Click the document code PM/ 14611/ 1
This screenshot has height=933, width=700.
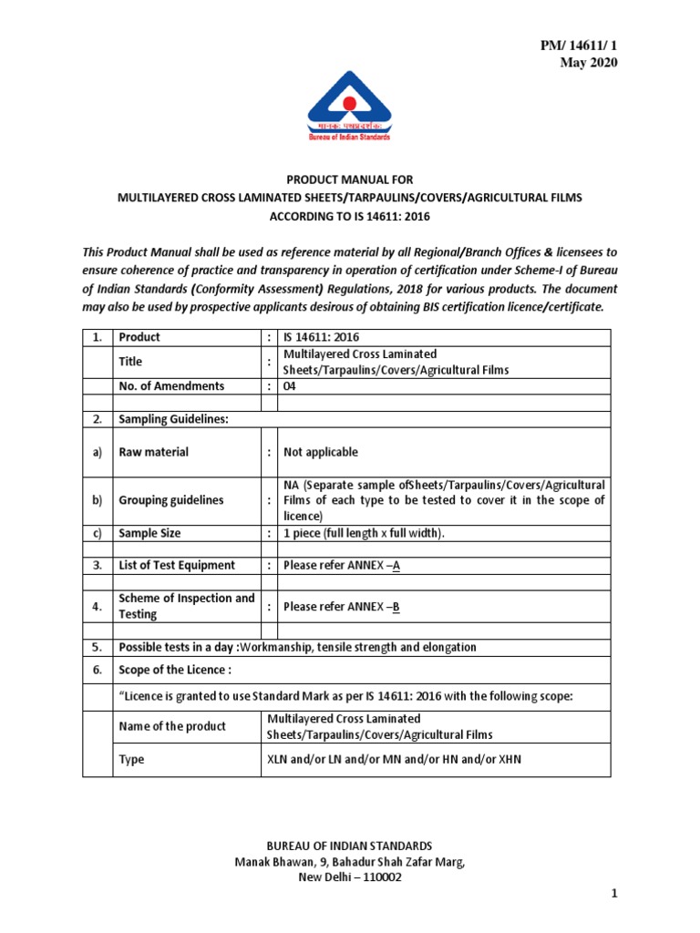pyautogui.click(x=579, y=45)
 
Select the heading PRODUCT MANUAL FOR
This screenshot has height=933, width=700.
pyautogui.click(x=349, y=180)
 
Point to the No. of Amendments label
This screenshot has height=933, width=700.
pyautogui.click(x=171, y=385)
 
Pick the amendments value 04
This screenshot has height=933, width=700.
pyautogui.click(x=291, y=385)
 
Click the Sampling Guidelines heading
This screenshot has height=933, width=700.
pyautogui.click(x=174, y=419)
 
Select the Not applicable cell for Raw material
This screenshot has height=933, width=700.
pyautogui.click(x=321, y=452)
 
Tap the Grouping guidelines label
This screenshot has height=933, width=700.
pyautogui.click(x=171, y=500)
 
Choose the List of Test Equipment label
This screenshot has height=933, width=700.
pyautogui.click(x=177, y=565)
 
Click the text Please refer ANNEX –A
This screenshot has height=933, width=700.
pyautogui.click(x=342, y=565)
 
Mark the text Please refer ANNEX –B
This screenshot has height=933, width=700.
pyautogui.click(x=342, y=606)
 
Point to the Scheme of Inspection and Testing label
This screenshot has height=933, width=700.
pyautogui.click(x=187, y=606)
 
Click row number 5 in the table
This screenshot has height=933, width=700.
pyautogui.click(x=97, y=647)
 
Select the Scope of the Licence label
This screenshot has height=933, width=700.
pyautogui.click(x=176, y=670)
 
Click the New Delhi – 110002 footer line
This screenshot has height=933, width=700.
pyautogui.click(x=349, y=877)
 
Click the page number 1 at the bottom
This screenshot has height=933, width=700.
pyautogui.click(x=614, y=895)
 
